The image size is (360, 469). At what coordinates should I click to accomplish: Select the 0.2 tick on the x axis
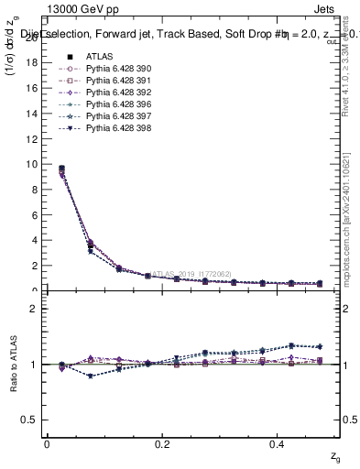[x=163, y=443]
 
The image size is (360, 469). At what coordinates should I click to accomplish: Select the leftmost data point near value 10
[x=61, y=169]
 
